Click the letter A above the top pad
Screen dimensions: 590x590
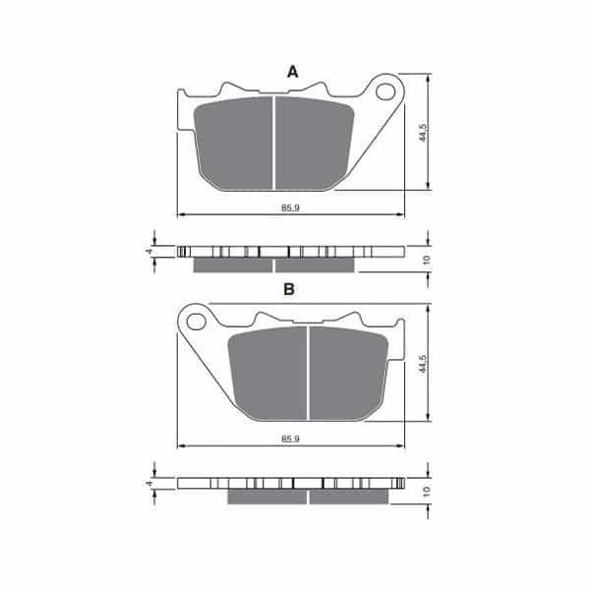coord(292,72)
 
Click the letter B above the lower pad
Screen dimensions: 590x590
coord(288,289)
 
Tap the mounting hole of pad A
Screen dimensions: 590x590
coord(385,91)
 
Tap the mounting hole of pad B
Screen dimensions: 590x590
coord(196,322)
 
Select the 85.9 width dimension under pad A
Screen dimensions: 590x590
coord(290,207)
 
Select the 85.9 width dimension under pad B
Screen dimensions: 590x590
coord(290,439)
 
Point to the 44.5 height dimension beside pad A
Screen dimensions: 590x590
coord(423,133)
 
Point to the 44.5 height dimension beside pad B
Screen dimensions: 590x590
coord(423,364)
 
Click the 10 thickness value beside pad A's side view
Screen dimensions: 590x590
coord(426,260)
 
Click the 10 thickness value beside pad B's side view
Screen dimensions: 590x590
coord(426,491)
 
